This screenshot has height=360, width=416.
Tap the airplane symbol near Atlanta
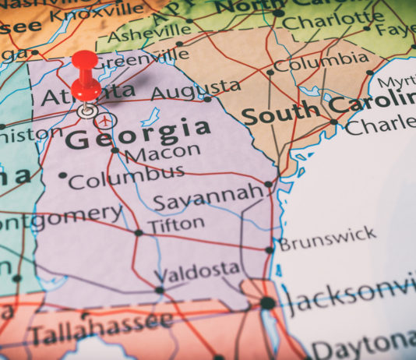tap(106, 121)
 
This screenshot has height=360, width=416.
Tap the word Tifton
tap(177, 224)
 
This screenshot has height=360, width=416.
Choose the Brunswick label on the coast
tap(327, 239)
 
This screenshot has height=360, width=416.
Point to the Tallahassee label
tap(101, 327)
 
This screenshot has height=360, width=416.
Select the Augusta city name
tap(195, 90)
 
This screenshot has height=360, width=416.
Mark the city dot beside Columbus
tap(62, 175)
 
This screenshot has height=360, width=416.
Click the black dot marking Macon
tap(115, 150)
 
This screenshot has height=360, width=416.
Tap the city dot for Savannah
tap(268, 185)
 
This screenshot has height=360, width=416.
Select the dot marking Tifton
tap(139, 232)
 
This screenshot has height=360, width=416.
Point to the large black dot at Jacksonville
tap(267, 302)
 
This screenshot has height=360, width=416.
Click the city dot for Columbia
tap(270, 72)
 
